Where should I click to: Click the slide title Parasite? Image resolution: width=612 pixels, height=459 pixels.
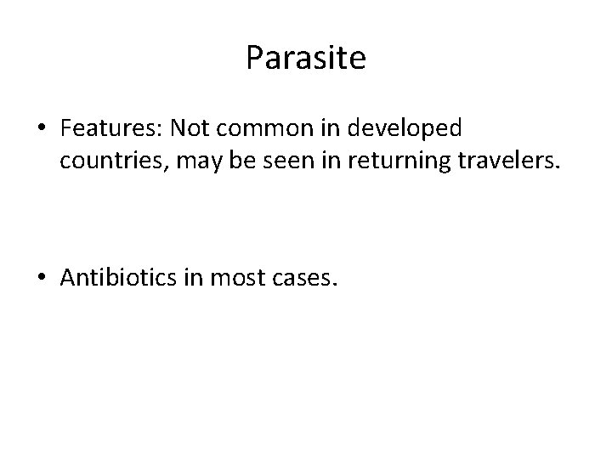pyautogui.click(x=306, y=59)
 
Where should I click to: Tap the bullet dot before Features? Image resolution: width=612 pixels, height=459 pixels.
pyautogui.click(x=42, y=130)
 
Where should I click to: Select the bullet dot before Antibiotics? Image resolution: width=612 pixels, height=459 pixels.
pyautogui.click(x=42, y=277)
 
